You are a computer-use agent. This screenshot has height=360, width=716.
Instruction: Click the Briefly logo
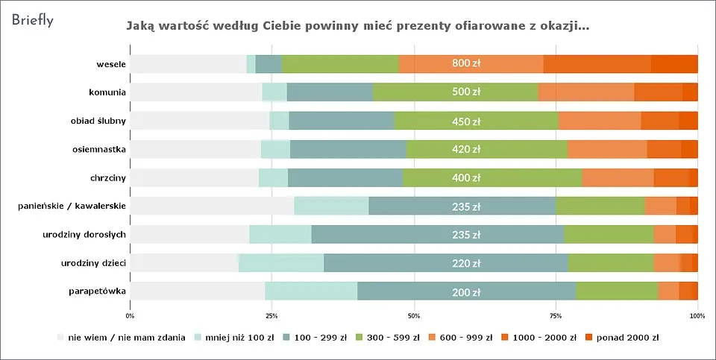point(32,20)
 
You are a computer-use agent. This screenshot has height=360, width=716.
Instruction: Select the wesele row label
point(110,64)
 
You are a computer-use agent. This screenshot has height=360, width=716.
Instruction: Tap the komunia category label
point(107,92)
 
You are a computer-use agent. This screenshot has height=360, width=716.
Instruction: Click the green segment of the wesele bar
point(340,64)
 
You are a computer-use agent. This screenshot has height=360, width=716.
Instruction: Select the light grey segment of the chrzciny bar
point(195,177)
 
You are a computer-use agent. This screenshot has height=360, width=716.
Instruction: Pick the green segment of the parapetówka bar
point(617,291)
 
